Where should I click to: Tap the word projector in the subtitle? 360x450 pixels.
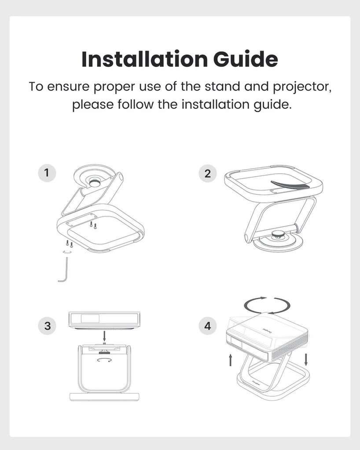click(302, 87)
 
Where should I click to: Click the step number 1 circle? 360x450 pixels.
click(47, 173)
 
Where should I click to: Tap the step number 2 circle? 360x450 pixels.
click(208, 173)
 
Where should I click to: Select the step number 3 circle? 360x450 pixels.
click(47, 326)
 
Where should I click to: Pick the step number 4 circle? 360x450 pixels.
click(208, 326)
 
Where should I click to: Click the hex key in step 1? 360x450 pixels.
click(65, 270)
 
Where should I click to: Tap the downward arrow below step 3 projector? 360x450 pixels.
click(104, 336)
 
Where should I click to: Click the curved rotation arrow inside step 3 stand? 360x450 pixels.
click(104, 360)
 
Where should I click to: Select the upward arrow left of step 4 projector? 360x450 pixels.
click(230, 360)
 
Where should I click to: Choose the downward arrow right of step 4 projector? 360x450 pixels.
click(306, 359)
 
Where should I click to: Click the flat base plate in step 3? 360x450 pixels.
click(104, 397)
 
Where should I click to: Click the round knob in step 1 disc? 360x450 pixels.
click(95, 183)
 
